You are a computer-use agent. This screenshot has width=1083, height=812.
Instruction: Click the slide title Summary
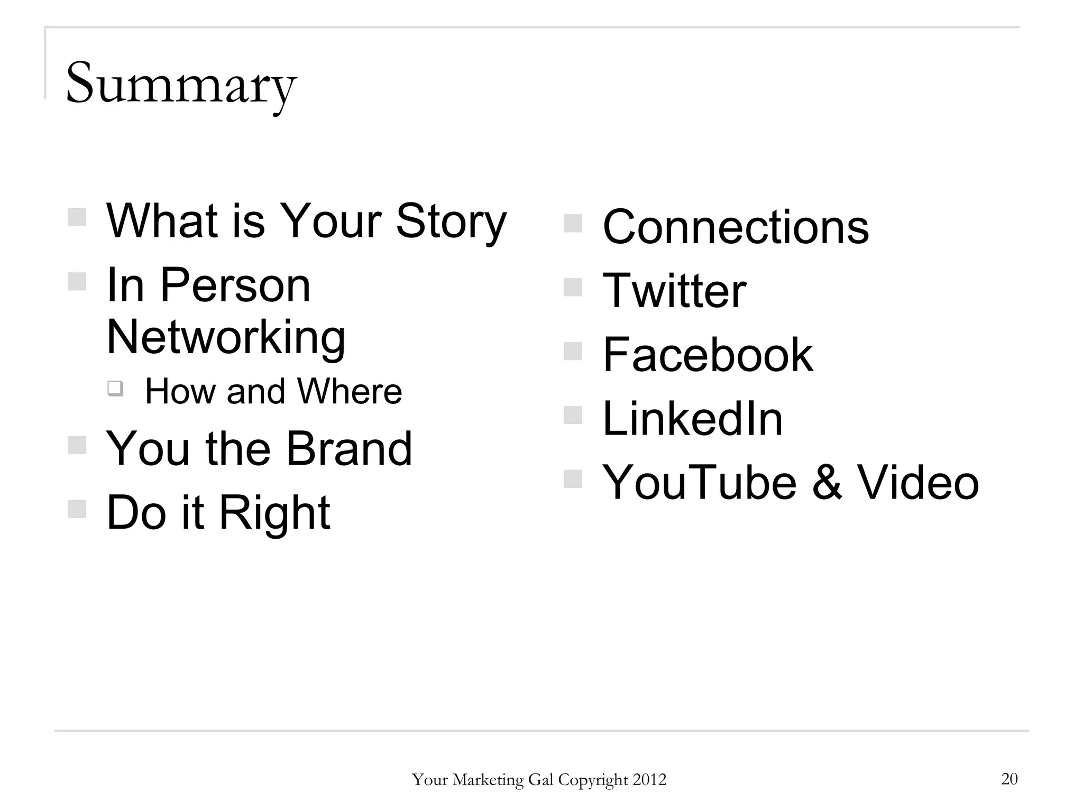[181, 85]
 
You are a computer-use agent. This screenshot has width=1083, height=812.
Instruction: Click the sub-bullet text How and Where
[273, 392]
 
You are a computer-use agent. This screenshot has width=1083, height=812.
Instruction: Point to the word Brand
[349, 449]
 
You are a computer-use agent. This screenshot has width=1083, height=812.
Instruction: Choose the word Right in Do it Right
[274, 512]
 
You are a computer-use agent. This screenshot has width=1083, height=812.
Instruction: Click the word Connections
[736, 227]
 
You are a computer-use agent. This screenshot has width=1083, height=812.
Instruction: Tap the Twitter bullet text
[674, 291]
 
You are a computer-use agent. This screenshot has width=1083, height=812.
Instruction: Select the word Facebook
[708, 355]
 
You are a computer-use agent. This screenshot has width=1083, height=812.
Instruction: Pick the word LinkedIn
[692, 419]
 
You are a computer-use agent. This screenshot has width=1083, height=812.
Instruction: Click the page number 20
[1009, 779]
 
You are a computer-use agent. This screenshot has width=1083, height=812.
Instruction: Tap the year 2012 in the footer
[649, 780]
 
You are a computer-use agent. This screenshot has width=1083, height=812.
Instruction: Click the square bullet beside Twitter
[573, 287]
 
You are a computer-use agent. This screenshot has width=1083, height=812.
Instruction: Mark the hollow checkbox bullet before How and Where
[115, 389]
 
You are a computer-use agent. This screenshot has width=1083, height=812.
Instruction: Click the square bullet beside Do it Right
[77, 509]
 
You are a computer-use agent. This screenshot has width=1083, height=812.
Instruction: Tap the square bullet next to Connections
[573, 223]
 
